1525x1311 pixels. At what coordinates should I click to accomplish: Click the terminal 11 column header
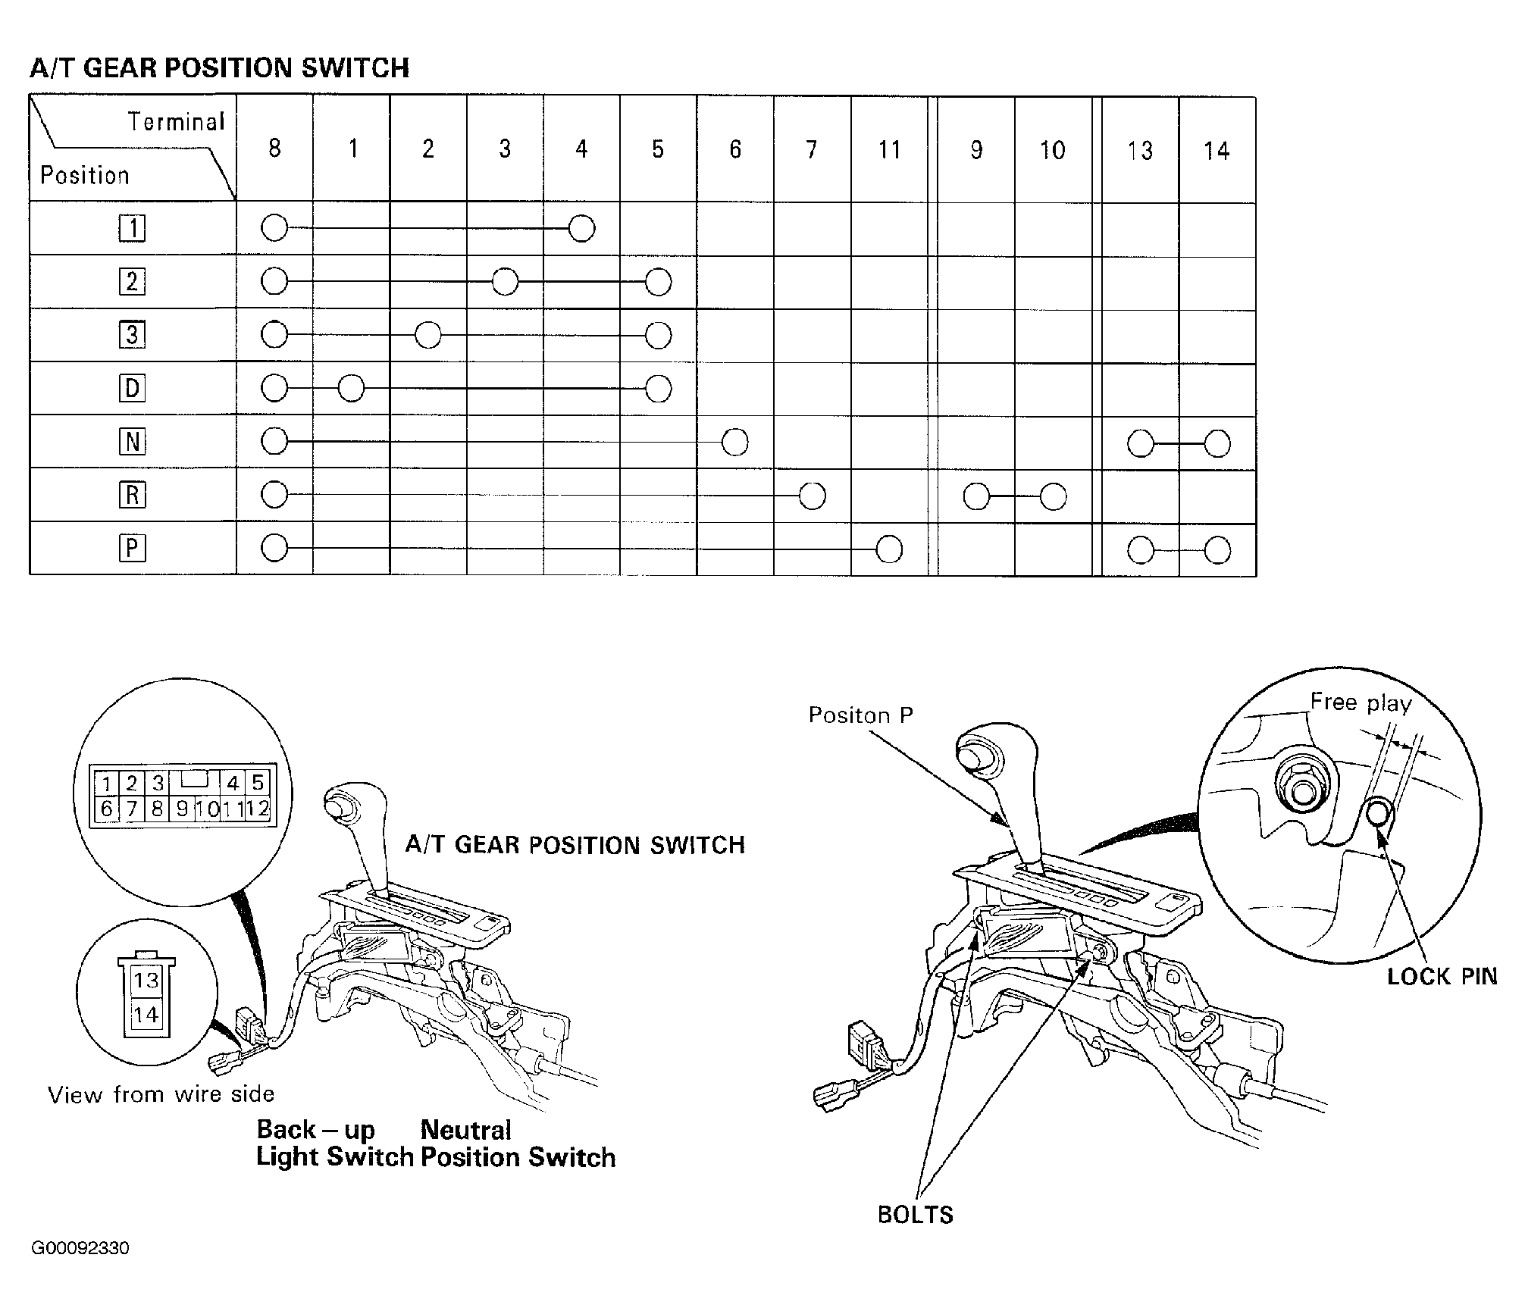[x=889, y=150]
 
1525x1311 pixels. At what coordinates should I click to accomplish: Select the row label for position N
[x=132, y=441]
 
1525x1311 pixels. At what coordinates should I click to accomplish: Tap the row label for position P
[x=132, y=548]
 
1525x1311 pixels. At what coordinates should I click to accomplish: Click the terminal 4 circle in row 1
[x=581, y=228]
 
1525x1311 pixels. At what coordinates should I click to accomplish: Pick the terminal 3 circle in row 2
[x=505, y=282]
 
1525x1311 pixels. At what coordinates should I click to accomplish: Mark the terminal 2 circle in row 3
[x=428, y=335]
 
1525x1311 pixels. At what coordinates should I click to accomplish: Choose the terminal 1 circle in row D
[x=351, y=389]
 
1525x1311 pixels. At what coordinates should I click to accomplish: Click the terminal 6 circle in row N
[x=735, y=442]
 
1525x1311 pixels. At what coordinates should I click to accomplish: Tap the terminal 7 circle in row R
[x=812, y=496]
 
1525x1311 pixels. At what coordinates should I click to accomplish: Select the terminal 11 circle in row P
[x=889, y=549]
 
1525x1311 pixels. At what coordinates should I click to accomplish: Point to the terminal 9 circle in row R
[x=976, y=496]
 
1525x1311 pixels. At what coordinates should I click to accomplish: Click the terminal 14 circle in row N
[x=1217, y=443]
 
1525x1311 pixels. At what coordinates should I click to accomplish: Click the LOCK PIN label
[x=1442, y=977]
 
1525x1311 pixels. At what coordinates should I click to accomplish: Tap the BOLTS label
[x=915, y=1215]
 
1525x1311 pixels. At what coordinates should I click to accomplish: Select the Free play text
[x=1361, y=702]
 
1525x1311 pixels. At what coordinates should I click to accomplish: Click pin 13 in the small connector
[x=146, y=980]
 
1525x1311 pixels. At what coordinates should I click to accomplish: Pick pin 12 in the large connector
[x=258, y=809]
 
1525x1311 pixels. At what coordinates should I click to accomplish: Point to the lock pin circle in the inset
[x=1379, y=814]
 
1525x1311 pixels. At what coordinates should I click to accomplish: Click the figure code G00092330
[x=80, y=1248]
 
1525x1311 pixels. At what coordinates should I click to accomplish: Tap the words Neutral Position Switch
[x=518, y=1144]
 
